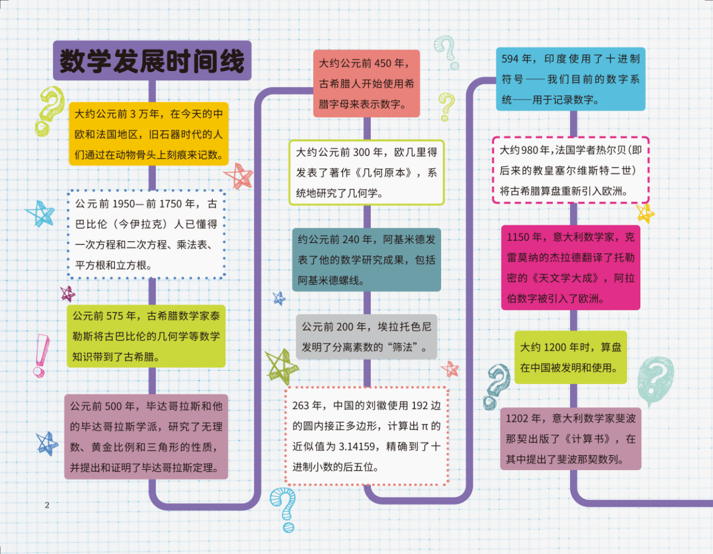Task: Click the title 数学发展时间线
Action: pos(152,61)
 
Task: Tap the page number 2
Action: pos(47,505)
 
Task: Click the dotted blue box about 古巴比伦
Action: pos(146,235)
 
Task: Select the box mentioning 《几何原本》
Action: pos(366,172)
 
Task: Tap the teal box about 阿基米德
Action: pos(366,259)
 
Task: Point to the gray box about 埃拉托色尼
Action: pos(366,337)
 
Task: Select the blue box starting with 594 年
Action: pos(571,79)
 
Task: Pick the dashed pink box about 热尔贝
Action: pos(570,170)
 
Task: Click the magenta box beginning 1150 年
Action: pos(570,268)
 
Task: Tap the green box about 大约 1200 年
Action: pos(570,357)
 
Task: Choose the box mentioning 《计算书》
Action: pos(570,438)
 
